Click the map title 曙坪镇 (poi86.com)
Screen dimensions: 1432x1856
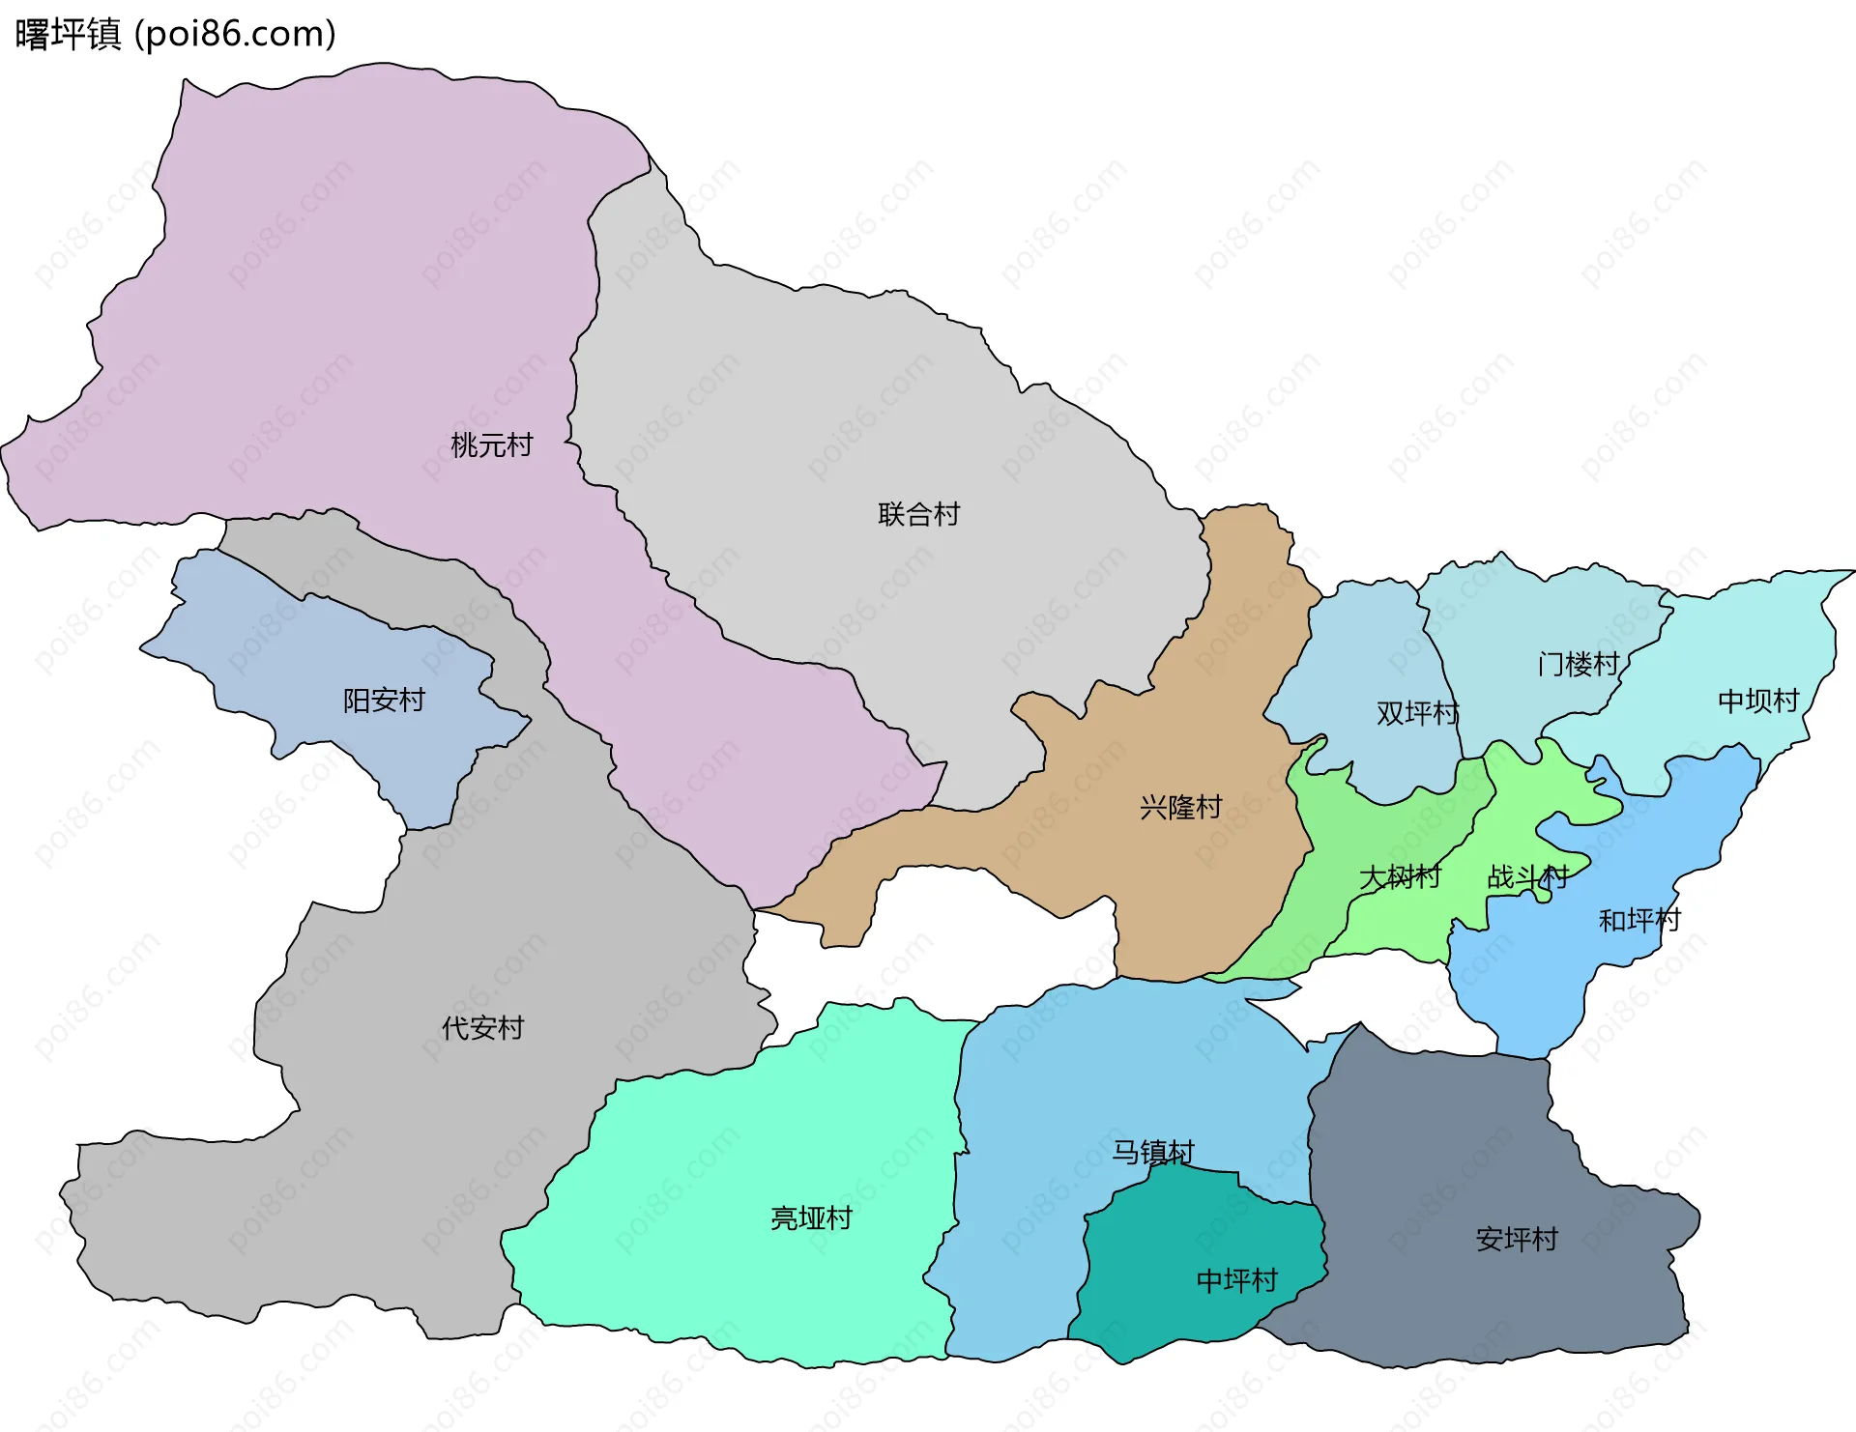(176, 34)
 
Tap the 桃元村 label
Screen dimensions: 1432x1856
(491, 445)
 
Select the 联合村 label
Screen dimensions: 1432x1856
(918, 514)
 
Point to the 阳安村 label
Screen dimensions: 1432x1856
(384, 701)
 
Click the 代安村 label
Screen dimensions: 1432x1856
(482, 1028)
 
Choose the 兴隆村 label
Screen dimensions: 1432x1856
(1180, 807)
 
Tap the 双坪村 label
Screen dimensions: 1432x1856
(1417, 713)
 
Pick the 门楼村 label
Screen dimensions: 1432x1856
(1578, 664)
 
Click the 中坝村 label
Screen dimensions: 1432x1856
(1757, 701)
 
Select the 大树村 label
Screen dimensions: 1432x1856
(1400, 877)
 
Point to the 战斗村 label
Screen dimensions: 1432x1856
(1527, 877)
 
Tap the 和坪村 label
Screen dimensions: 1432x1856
(1639, 920)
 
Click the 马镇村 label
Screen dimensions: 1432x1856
(1152, 1152)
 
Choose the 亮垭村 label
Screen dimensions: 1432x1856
(811, 1218)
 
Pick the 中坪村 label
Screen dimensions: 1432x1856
(1236, 1281)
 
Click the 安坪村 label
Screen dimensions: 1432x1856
(1517, 1240)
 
